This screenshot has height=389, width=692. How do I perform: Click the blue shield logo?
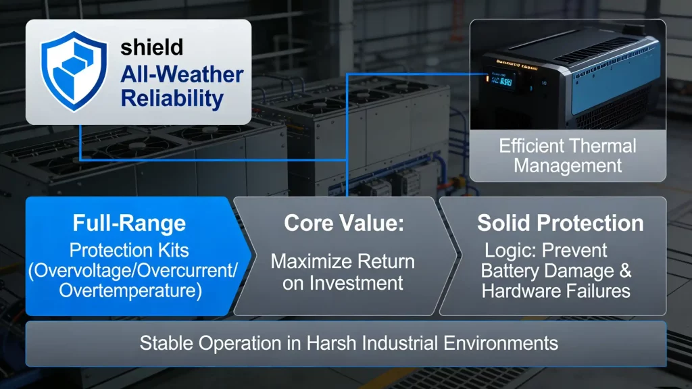[74, 70]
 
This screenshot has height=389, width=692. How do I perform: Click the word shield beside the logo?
[152, 47]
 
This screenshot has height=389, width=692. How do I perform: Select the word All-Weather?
[182, 74]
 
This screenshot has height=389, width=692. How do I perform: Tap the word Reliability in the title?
[172, 99]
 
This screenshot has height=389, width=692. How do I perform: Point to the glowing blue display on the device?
[501, 81]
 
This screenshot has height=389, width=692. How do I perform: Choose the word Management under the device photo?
[568, 166]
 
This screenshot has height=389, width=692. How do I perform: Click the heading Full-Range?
[129, 223]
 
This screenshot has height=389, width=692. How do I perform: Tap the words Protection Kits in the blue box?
[129, 250]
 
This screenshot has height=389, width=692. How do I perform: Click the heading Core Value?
[344, 223]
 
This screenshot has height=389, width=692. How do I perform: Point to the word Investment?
[356, 283]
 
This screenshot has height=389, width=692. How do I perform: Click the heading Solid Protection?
[560, 223]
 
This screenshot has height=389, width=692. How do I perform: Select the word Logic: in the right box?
[510, 251]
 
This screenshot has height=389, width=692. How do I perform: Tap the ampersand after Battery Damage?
[625, 271]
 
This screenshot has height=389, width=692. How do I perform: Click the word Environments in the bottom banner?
[501, 343]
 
